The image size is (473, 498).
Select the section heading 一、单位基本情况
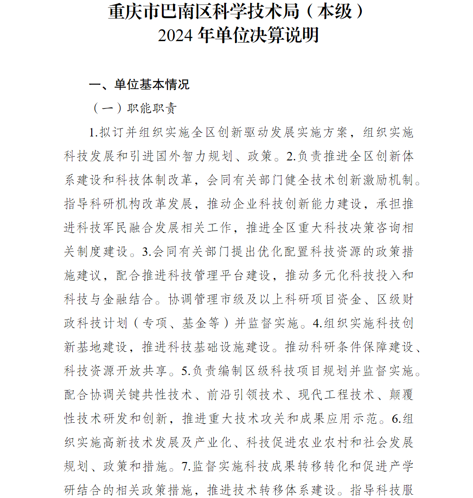pos(140,85)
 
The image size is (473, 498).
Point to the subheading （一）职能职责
pos(135,108)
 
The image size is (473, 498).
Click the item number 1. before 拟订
pos(93,133)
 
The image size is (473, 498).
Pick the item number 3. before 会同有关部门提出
pos(146,251)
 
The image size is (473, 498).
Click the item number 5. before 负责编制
pos(186,371)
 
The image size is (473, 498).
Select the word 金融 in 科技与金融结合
pos(116,299)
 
